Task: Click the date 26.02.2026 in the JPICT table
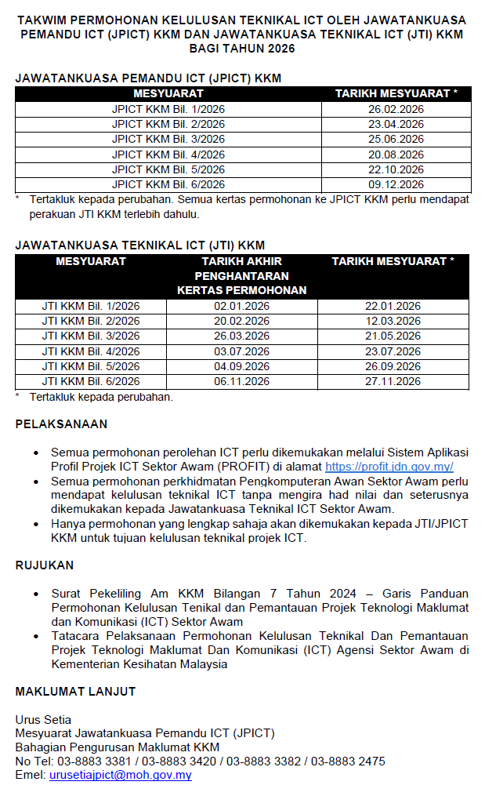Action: (x=396, y=109)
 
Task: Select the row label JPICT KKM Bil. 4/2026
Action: (x=168, y=154)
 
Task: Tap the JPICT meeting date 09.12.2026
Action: (x=396, y=185)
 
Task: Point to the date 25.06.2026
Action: (x=396, y=140)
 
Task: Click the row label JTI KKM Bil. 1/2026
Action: (x=91, y=307)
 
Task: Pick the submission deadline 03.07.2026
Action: (x=241, y=351)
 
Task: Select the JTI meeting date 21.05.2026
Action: (x=393, y=336)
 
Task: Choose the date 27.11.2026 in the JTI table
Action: (x=393, y=382)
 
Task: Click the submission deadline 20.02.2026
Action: (x=241, y=322)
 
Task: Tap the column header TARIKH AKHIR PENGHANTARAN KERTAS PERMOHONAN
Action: (x=241, y=275)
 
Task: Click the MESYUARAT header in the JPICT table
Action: (x=168, y=93)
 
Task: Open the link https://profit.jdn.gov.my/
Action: (x=389, y=467)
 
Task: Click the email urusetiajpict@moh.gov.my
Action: (x=121, y=775)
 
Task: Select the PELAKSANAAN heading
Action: (x=62, y=424)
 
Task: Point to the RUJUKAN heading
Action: (x=45, y=565)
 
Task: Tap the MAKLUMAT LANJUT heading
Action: (x=75, y=691)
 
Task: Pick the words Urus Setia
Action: (x=43, y=719)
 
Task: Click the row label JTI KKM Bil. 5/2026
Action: (x=91, y=367)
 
